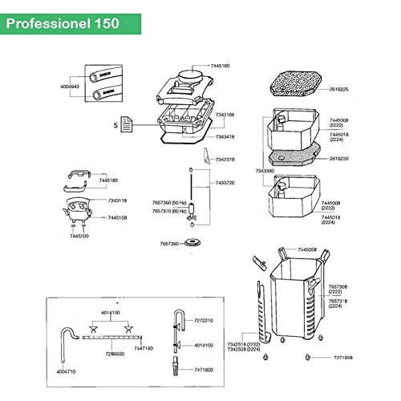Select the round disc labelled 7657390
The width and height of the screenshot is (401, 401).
coord(192,242)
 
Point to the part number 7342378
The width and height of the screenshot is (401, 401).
coord(225,160)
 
